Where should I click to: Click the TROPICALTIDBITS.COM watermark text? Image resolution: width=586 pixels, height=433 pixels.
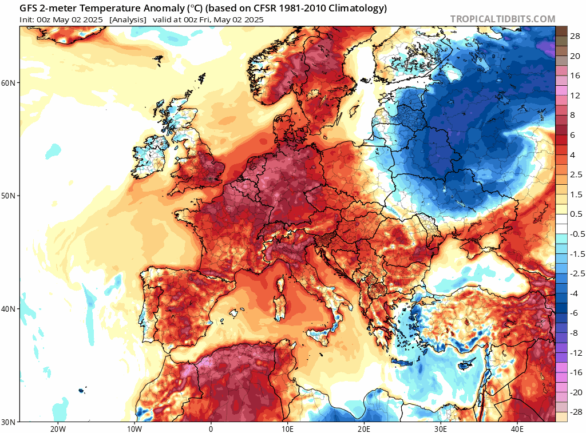502,19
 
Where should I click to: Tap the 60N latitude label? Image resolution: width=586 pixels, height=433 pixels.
8,83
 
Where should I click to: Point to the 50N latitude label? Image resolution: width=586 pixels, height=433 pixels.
8,196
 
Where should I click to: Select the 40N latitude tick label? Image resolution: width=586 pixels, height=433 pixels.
8,309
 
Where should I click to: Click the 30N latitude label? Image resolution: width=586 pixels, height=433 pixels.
8,422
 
